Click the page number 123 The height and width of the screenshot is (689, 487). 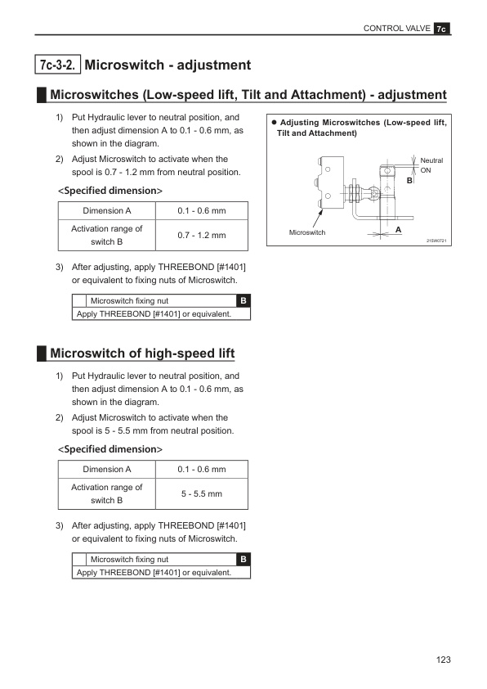pos(443,660)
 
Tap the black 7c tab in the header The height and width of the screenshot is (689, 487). pos(442,29)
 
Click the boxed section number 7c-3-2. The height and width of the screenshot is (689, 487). pos(57,65)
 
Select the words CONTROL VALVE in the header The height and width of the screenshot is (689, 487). pos(396,29)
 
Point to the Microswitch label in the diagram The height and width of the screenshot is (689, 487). pos(307,232)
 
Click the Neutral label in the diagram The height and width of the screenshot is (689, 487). pos(431,160)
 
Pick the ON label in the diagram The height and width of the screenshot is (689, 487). pos(426,170)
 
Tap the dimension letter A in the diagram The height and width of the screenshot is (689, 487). pos(399,229)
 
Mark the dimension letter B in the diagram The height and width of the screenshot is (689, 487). pos(409,180)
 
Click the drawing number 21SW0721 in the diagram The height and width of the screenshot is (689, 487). pos(436,241)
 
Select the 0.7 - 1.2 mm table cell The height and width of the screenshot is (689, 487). pos(202,235)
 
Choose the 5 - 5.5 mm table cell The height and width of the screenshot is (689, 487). pos(202,494)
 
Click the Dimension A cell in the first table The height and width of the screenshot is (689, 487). pos(107,211)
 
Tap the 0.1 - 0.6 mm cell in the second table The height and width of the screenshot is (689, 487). pos(202,470)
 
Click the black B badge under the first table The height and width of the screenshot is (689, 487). pos(243,300)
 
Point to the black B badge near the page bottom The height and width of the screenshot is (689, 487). pos(243,559)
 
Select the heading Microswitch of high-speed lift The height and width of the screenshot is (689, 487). pos(142,354)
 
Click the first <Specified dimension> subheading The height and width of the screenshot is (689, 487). pos(110,191)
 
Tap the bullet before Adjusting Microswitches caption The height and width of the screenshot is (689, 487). pos(275,123)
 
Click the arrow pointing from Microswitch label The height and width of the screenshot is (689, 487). pos(318,218)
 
